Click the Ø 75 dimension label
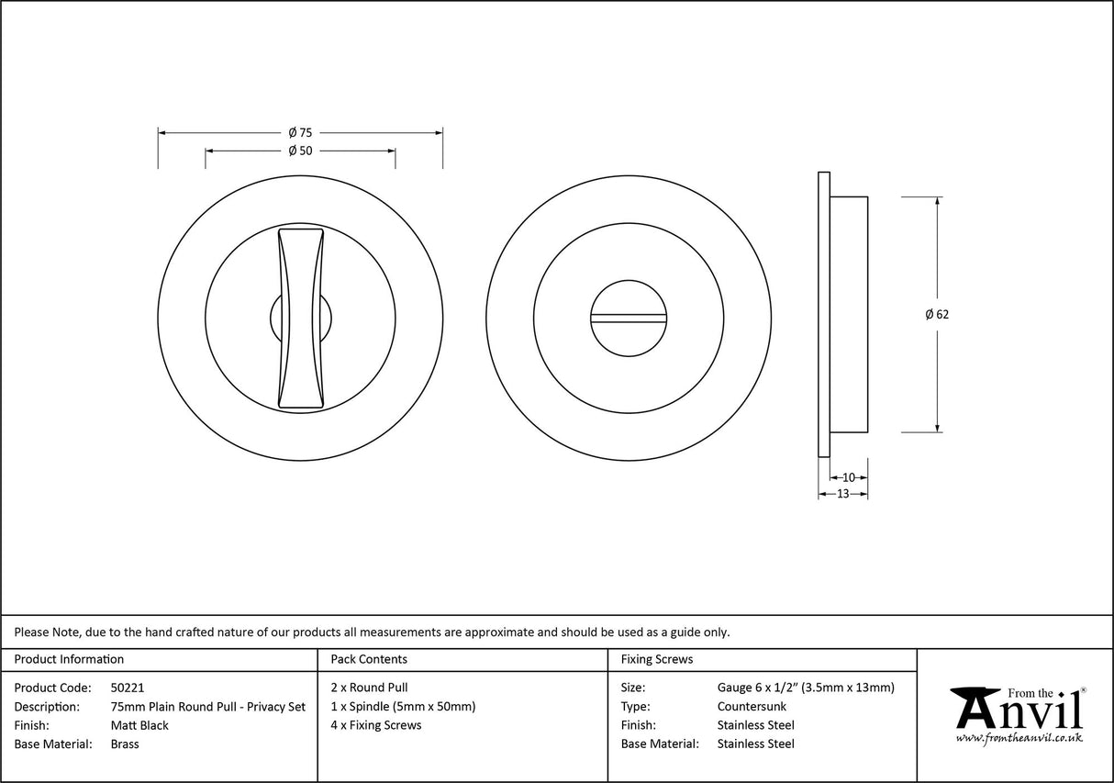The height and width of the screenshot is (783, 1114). (x=300, y=133)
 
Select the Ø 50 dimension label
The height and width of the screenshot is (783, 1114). (x=300, y=151)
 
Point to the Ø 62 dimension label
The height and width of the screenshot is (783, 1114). (x=937, y=315)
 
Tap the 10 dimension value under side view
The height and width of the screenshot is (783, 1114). (x=848, y=477)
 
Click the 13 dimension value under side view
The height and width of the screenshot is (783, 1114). (x=842, y=494)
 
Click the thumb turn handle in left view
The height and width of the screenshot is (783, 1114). (x=301, y=318)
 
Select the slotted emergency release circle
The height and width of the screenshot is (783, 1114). (x=629, y=318)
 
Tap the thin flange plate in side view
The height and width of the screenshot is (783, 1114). (x=823, y=314)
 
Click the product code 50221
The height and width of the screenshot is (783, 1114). (x=127, y=688)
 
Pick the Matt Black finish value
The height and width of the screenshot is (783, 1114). (x=139, y=725)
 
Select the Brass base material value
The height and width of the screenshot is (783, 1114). (x=125, y=744)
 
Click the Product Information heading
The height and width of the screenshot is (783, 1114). (x=69, y=659)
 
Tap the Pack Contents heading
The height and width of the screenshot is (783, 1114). (x=369, y=659)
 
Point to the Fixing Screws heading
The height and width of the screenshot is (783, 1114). (x=657, y=659)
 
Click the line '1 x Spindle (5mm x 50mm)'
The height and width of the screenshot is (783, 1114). (x=403, y=707)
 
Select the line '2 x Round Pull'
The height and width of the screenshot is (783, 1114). (x=369, y=688)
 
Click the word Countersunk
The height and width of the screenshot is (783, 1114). (x=752, y=707)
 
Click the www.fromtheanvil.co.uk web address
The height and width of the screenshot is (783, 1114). (x=1019, y=738)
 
